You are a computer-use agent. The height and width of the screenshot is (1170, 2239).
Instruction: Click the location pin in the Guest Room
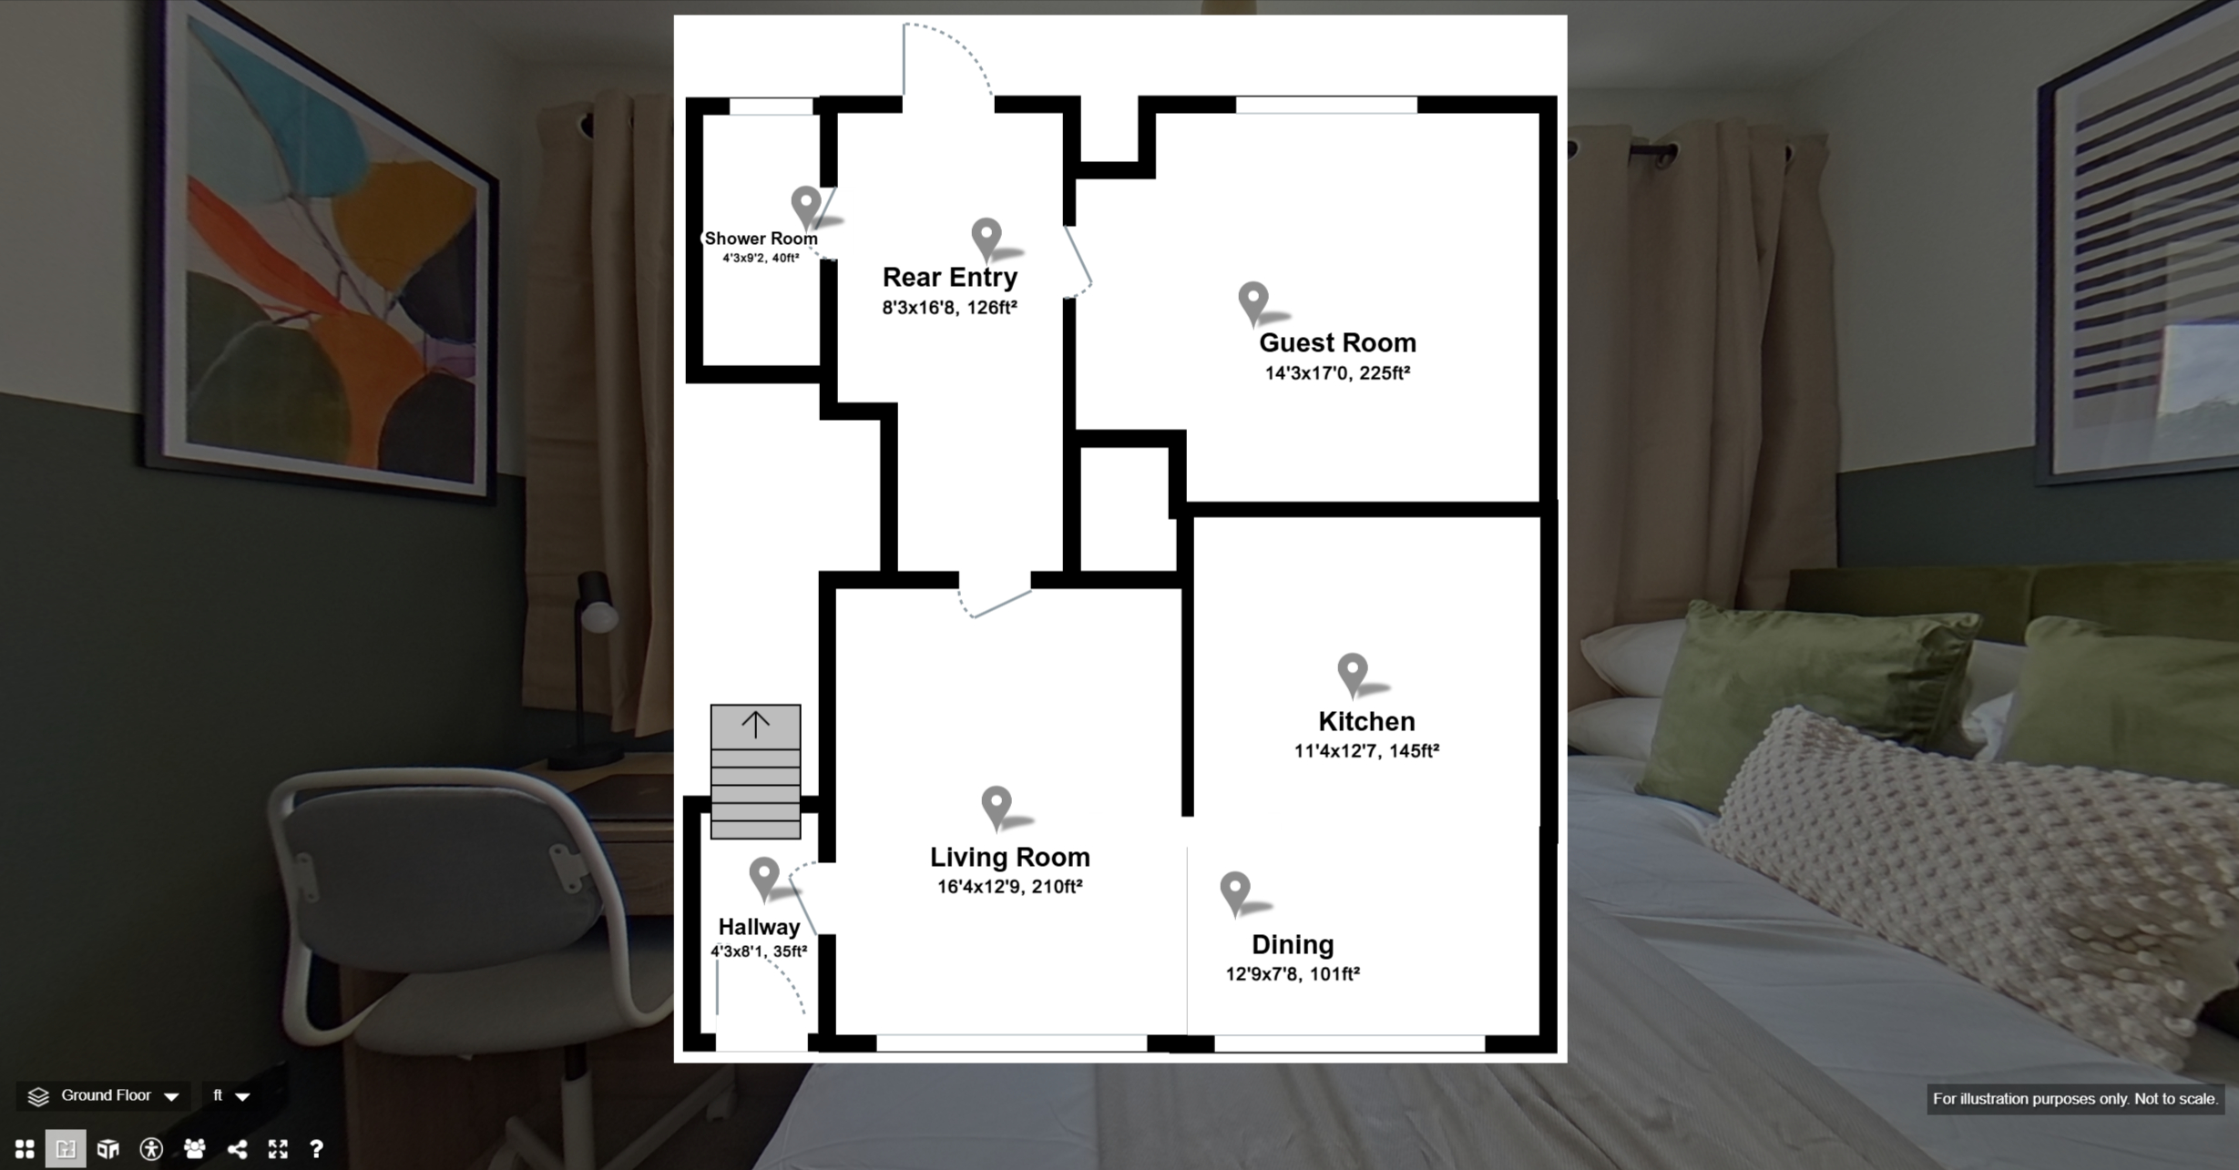[x=1253, y=301]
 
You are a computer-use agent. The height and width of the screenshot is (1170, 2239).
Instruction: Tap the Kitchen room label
[x=1366, y=721]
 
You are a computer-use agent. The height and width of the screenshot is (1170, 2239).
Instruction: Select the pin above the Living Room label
[x=997, y=806]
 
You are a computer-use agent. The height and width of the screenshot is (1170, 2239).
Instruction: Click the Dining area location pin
[x=1235, y=892]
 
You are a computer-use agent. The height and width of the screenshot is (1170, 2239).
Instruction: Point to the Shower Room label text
[x=761, y=239]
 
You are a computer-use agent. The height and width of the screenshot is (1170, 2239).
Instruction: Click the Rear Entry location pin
[x=987, y=238]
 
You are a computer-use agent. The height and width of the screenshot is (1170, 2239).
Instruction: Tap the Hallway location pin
[x=764, y=877]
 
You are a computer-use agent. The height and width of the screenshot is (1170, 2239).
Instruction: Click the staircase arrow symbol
[x=755, y=724]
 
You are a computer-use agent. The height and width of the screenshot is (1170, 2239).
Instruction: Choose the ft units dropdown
[x=230, y=1095]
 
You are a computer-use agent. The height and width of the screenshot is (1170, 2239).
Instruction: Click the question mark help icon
[x=316, y=1149]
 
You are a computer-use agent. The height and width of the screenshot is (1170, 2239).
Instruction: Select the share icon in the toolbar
[x=237, y=1149]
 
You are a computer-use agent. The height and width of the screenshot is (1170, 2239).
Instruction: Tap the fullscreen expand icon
[x=278, y=1149]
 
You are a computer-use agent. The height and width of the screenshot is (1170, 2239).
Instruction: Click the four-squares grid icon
[x=25, y=1149]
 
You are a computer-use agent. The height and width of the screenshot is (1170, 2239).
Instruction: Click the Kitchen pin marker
[x=1353, y=674]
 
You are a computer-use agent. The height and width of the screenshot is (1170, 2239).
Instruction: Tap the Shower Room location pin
[x=806, y=206]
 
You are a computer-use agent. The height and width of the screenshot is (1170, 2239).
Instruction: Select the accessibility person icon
[x=151, y=1149]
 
